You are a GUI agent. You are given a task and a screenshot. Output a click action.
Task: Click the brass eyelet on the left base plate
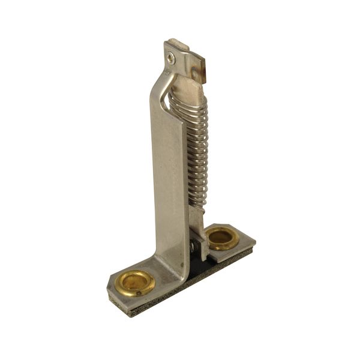135,283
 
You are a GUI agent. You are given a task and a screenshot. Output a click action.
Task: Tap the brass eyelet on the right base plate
223,238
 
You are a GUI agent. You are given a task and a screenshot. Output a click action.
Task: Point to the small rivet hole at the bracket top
172,58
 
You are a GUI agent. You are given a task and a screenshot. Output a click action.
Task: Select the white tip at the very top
178,43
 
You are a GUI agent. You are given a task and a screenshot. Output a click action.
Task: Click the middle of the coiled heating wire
194,150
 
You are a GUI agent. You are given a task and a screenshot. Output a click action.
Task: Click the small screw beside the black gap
192,247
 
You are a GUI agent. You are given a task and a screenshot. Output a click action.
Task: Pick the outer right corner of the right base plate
254,242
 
